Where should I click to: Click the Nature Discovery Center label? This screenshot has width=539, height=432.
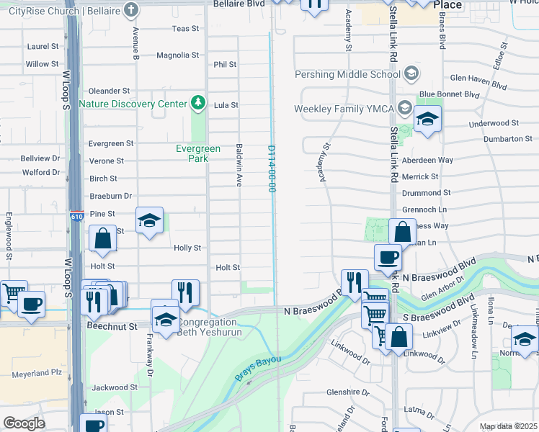tap(133, 104)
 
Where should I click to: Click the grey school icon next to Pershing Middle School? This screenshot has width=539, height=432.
tap(411, 73)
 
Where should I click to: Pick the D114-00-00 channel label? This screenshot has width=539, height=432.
tap(272, 168)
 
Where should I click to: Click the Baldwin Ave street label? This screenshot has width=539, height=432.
tap(238, 165)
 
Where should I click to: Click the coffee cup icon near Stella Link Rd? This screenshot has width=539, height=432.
tap(388, 256)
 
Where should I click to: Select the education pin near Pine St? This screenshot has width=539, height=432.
tap(149, 220)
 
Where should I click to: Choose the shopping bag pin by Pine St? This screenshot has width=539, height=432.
tap(103, 238)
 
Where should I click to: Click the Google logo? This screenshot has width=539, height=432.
tap(24, 423)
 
